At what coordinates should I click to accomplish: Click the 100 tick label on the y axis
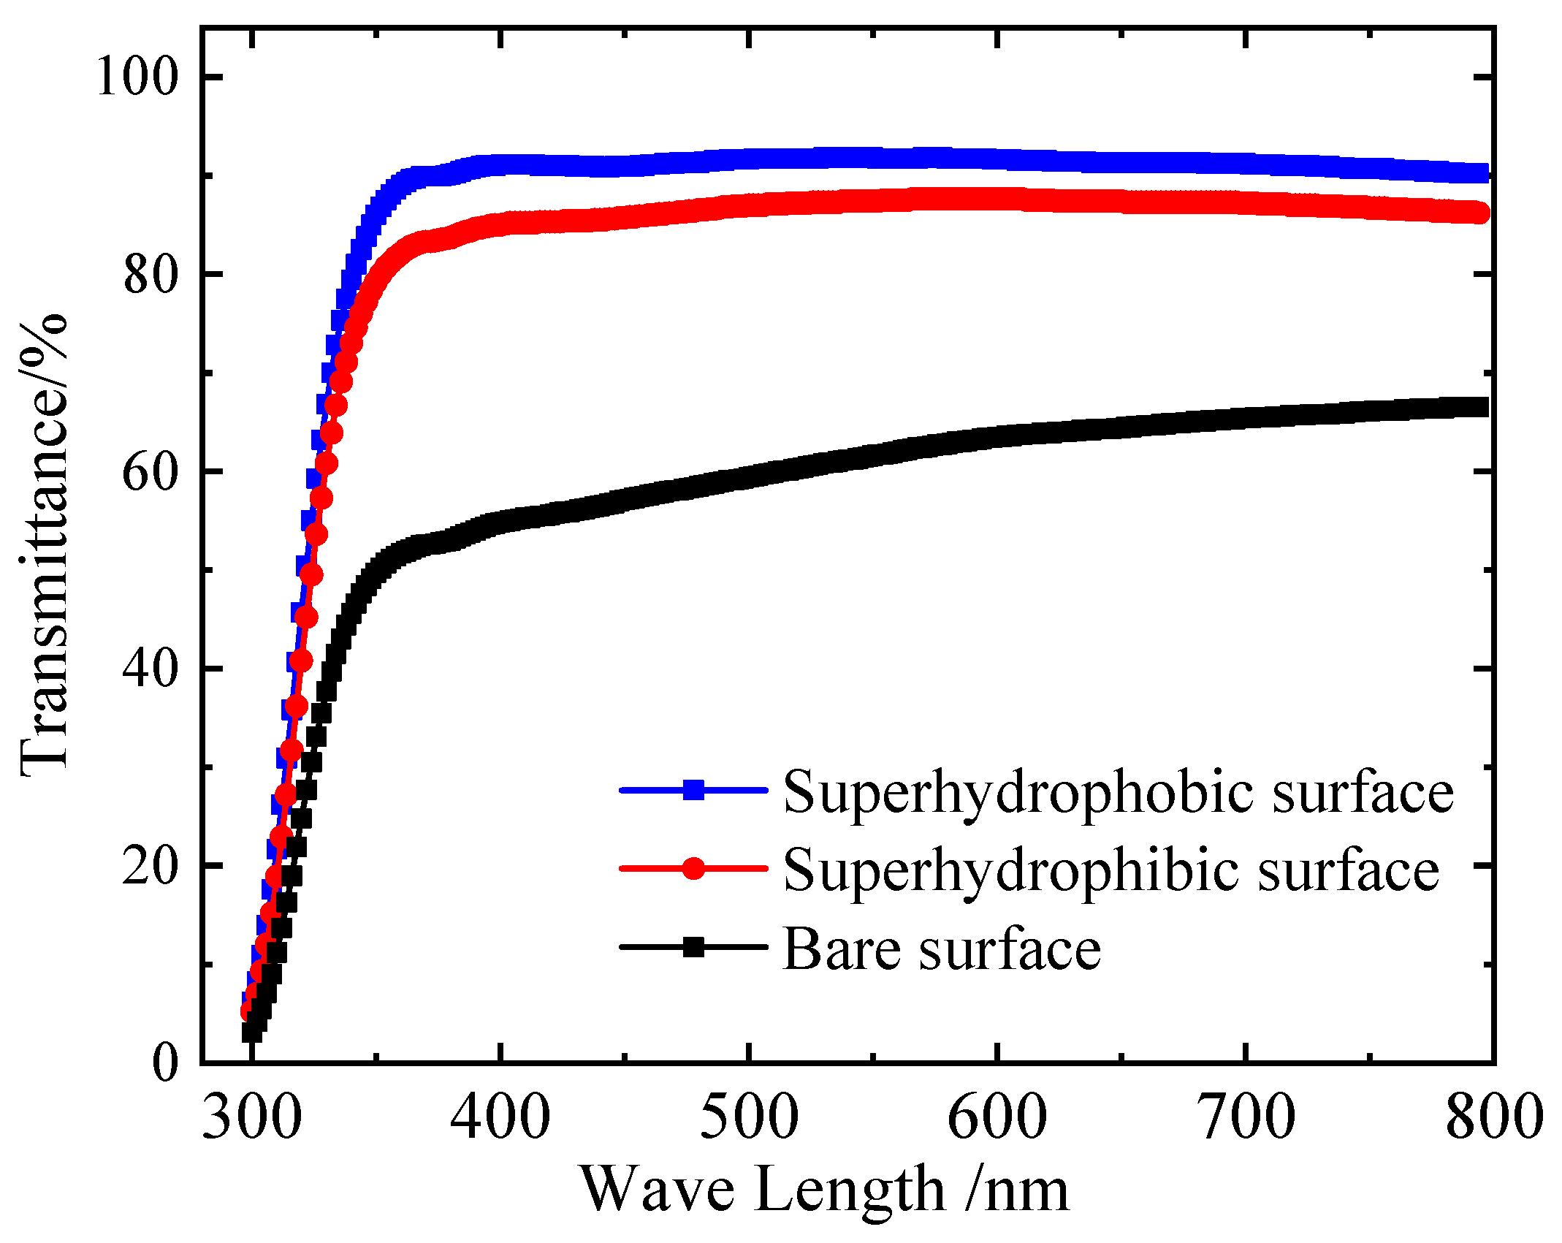click(x=137, y=77)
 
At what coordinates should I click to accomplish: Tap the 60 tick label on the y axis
click(x=151, y=473)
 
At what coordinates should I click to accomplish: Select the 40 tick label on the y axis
click(x=151, y=669)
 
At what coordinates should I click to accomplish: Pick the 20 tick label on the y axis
click(x=151, y=867)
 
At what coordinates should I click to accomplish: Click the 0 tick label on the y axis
click(x=165, y=1063)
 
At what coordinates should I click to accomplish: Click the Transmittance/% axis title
click(x=44, y=544)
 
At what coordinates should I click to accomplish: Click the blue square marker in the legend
click(x=693, y=790)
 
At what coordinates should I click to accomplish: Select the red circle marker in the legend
click(x=693, y=869)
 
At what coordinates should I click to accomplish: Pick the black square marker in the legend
click(x=693, y=948)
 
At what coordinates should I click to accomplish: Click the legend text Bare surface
click(x=942, y=949)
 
